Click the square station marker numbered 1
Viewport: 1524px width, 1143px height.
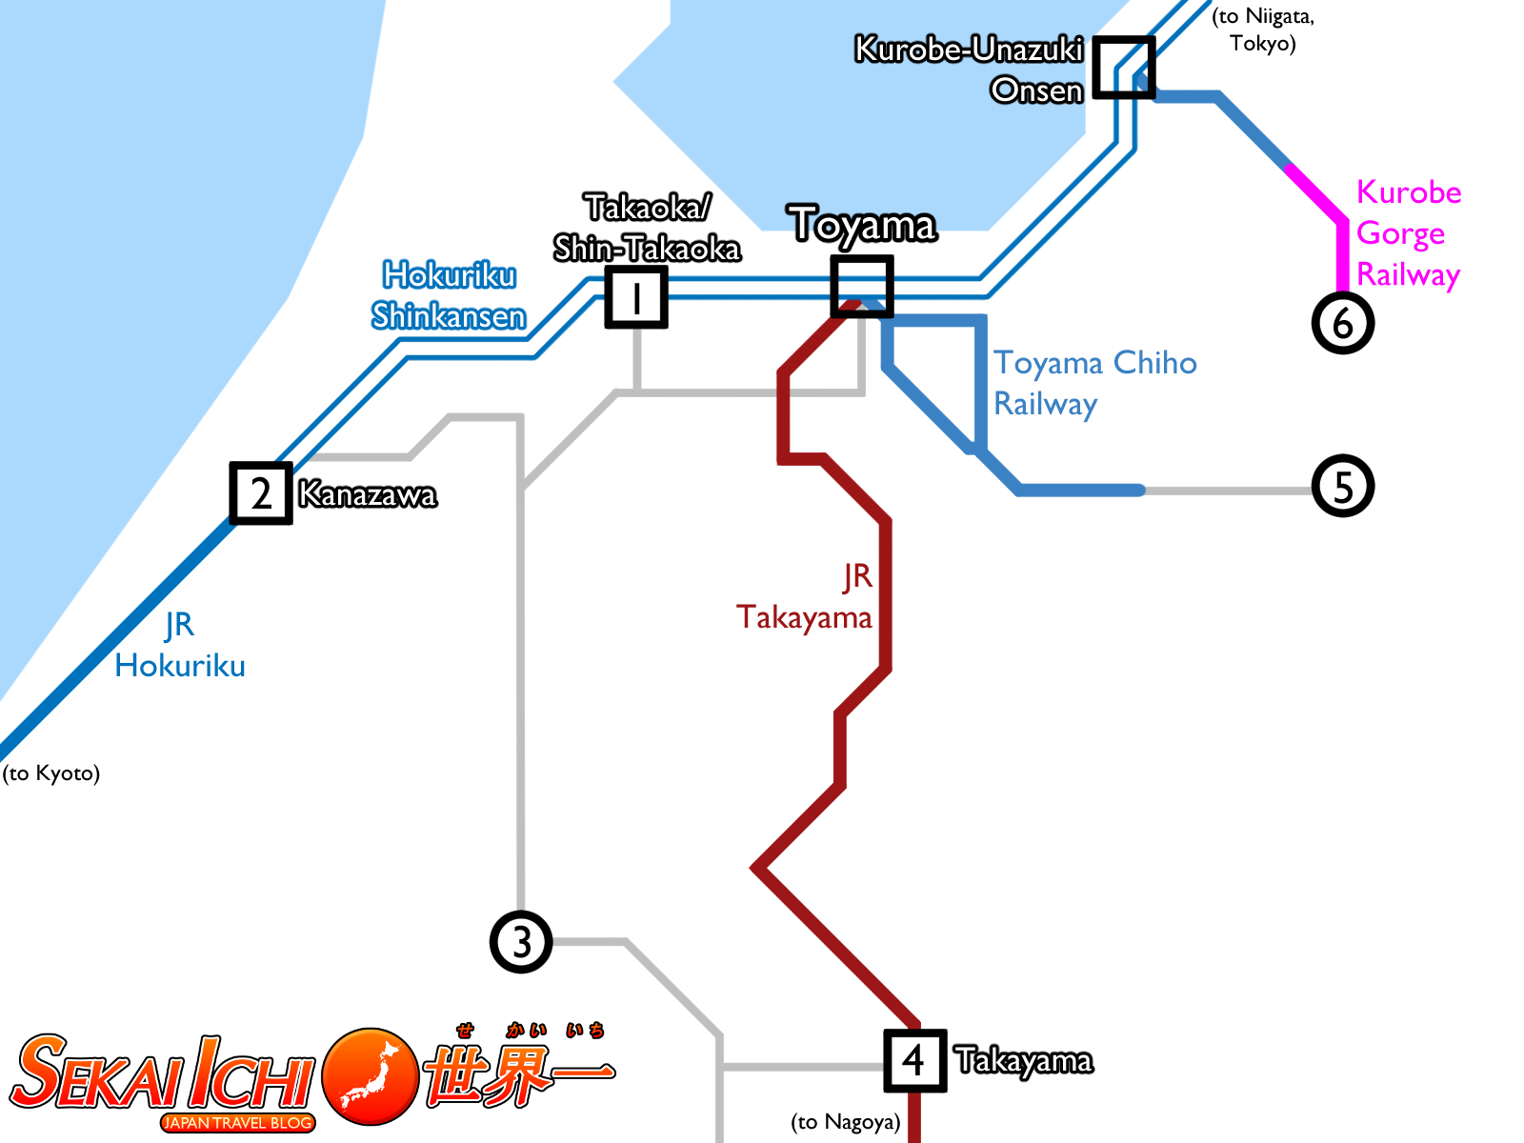point(636,297)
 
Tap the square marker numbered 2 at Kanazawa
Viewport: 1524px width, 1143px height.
point(261,493)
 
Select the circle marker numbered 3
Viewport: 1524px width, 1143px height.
point(521,942)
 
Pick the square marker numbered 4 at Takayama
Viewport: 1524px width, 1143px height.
point(914,1060)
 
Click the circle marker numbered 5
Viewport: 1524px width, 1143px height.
point(1343,486)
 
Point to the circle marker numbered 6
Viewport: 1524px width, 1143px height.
point(1343,323)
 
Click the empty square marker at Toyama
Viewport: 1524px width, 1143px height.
point(862,286)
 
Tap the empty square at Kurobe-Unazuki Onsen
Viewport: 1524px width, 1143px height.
point(1124,68)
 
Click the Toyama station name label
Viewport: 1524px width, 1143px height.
point(863,226)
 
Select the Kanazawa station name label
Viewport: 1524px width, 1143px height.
point(368,494)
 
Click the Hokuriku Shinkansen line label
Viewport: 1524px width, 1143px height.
point(449,295)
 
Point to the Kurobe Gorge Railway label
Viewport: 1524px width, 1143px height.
point(1408,233)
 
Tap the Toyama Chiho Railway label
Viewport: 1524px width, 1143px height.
point(1094,383)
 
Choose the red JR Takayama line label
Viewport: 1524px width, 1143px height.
point(806,597)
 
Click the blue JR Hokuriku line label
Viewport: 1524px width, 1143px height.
point(180,646)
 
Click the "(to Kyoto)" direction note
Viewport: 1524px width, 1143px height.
point(51,772)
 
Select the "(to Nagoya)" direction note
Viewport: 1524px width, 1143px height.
point(846,1121)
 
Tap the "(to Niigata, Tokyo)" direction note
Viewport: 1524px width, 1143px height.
point(1263,30)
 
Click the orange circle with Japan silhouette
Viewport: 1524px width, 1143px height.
point(371,1075)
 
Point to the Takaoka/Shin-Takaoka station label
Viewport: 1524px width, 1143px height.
point(648,228)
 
